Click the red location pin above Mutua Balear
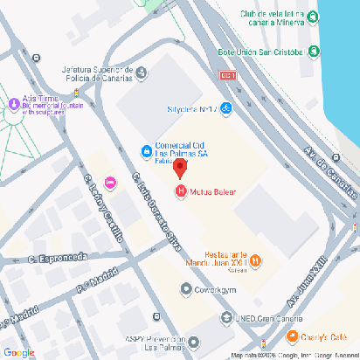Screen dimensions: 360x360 click(x=180, y=168)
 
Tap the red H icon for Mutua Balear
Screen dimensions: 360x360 click(x=181, y=191)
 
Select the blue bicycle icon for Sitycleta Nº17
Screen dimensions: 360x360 click(x=226, y=109)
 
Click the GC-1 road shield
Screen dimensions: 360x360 click(x=229, y=77)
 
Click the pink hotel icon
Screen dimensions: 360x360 click(x=110, y=181)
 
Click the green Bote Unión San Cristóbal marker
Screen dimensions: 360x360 click(x=312, y=52)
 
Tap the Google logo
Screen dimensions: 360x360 click(x=18, y=351)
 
